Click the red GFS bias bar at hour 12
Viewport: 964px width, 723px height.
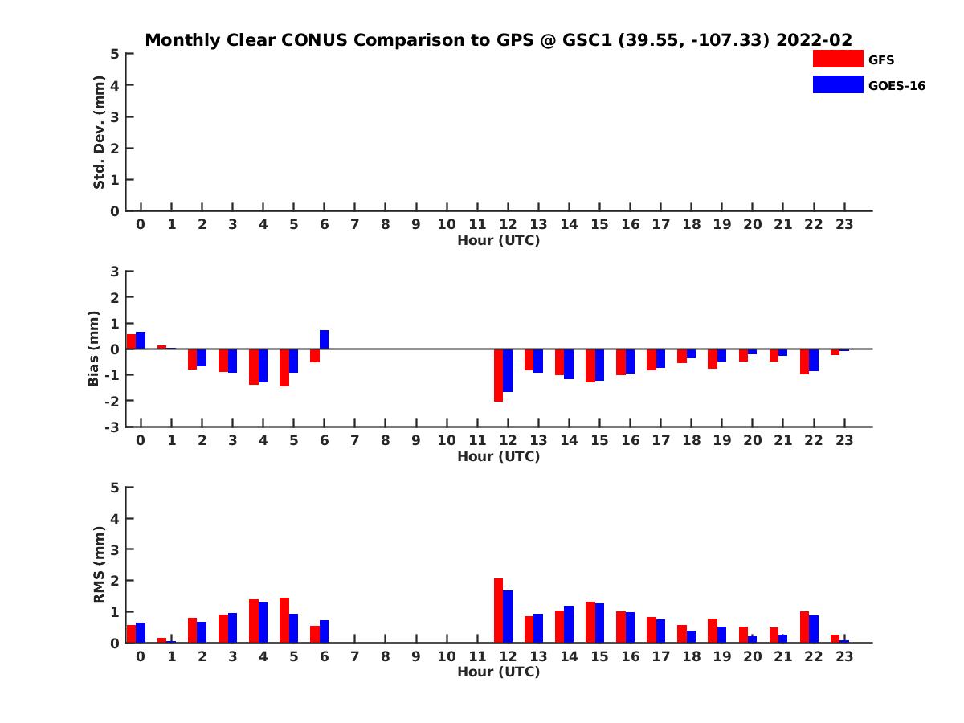(x=498, y=375)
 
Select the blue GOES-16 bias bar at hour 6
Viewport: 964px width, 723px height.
(x=325, y=340)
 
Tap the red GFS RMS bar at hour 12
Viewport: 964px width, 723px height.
(x=498, y=611)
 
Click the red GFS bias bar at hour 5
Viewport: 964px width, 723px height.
(x=284, y=367)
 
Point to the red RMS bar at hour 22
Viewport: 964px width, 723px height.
(x=804, y=627)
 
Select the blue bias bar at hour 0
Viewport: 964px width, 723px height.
(x=141, y=341)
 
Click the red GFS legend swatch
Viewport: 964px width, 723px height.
(x=837, y=59)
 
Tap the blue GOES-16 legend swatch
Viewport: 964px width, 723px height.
(x=837, y=84)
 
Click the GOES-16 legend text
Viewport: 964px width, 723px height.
(x=897, y=85)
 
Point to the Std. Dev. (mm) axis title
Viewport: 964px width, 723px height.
(x=100, y=133)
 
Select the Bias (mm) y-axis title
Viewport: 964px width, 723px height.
(x=93, y=349)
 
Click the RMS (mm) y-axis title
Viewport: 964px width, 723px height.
(x=100, y=565)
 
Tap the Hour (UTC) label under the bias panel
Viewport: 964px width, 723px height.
(x=498, y=456)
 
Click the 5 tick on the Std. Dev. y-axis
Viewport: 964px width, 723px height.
(x=116, y=54)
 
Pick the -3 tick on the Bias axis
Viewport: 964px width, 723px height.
(x=112, y=427)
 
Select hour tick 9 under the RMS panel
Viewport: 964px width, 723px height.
(x=416, y=656)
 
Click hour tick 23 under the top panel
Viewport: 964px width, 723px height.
(x=844, y=224)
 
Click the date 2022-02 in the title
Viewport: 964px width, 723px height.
(x=814, y=40)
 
